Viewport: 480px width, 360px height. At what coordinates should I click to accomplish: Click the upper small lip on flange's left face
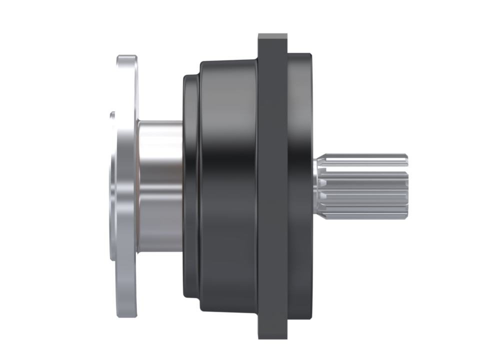tap(113, 115)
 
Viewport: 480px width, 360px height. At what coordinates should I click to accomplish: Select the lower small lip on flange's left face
tap(113, 257)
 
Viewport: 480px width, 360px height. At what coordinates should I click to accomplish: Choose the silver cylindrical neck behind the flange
tap(160, 186)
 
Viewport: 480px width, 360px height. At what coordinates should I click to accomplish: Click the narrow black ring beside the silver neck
tap(190, 186)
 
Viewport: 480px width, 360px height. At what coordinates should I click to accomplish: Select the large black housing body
tap(227, 186)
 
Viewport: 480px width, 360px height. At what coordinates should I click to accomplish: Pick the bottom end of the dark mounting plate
tap(272, 335)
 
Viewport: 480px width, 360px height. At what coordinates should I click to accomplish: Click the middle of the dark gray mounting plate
tap(272, 186)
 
